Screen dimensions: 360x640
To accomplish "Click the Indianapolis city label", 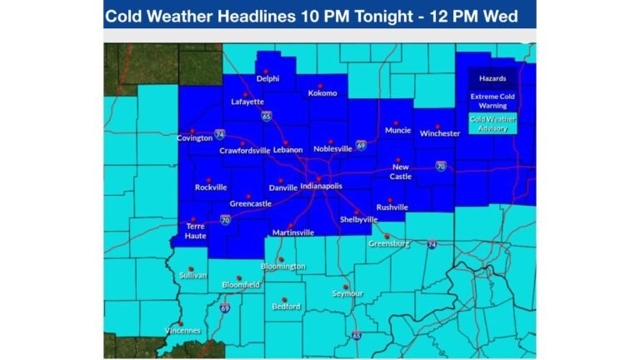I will coord(321,187).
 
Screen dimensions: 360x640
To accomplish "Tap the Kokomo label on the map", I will coord(322,93).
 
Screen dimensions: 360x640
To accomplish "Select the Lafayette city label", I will coord(247,102).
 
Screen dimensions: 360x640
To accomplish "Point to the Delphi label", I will coord(267,79).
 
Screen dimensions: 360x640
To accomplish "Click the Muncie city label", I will coord(398,130).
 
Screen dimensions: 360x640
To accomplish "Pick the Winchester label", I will coord(440,133).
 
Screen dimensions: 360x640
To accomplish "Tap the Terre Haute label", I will coord(195,231).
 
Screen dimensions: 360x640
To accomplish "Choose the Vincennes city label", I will coord(181,331).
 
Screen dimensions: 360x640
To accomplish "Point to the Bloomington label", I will coord(283,267).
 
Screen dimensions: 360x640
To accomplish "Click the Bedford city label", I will coord(286,307).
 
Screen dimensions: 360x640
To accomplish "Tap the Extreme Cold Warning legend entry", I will coord(492,101).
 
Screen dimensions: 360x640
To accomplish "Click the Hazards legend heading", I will coord(492,79).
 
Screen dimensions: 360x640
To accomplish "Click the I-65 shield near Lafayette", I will coord(266,117).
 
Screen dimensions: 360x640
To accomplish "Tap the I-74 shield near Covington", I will coord(219,133).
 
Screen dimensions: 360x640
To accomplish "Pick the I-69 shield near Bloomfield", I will coord(225,307).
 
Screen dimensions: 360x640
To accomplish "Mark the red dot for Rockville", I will coord(208,179).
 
